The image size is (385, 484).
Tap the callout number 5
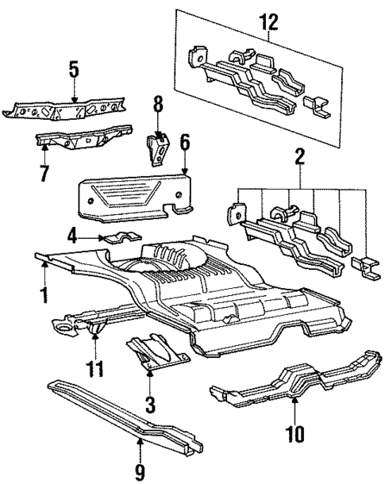74,70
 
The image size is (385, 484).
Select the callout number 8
157,103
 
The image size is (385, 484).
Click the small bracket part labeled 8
160,148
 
